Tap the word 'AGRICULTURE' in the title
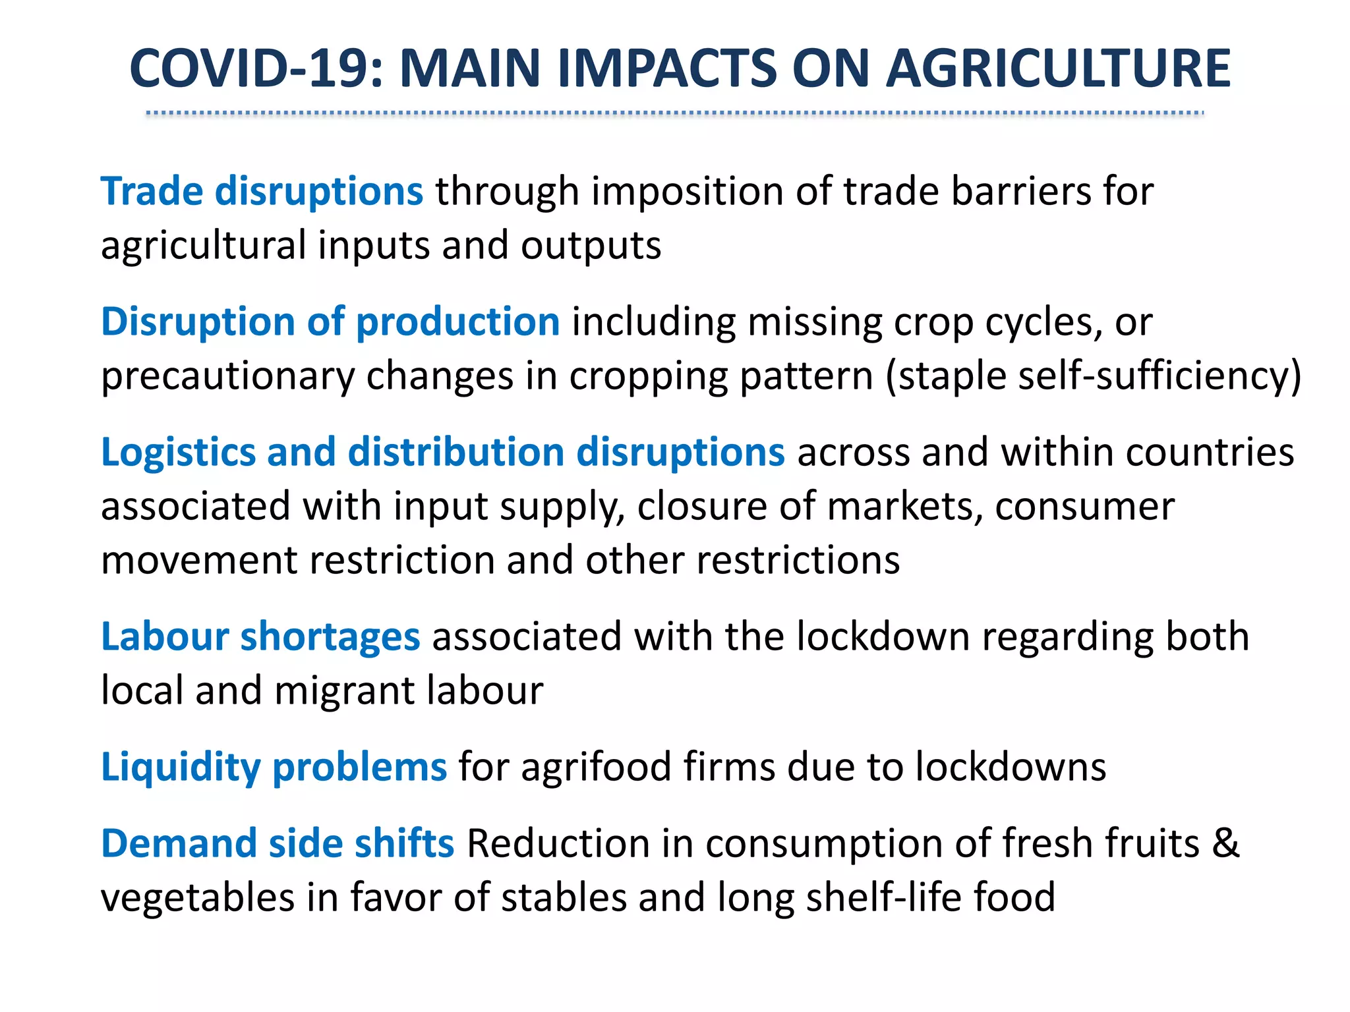coord(1058,69)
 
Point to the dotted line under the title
coord(675,113)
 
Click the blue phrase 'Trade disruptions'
coord(262,192)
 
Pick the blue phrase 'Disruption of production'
coord(330,322)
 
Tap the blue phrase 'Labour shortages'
coord(260,637)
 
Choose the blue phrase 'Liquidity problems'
coord(274,768)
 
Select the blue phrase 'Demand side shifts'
coord(278,844)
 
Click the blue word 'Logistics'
coord(178,453)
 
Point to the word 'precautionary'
coord(227,377)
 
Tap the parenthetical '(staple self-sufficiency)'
coord(1093,377)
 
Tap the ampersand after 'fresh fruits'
coord(1225,844)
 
